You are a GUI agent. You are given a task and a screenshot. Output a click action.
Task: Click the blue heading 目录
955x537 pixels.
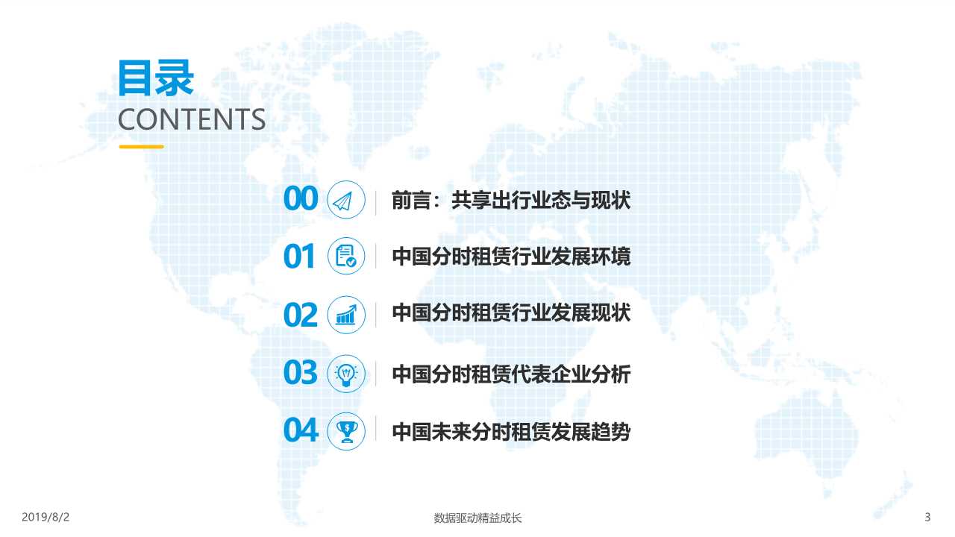[155, 78]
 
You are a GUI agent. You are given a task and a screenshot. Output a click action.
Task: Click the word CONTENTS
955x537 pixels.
[191, 120]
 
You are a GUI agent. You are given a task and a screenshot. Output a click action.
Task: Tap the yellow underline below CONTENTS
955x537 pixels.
[141, 147]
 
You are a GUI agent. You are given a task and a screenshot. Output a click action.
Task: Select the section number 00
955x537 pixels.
[301, 200]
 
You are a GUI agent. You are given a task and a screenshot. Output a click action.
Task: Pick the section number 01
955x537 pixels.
[300, 257]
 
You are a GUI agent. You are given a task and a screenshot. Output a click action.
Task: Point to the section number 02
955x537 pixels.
[301, 315]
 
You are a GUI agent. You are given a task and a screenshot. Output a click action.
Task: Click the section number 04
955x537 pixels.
[301, 430]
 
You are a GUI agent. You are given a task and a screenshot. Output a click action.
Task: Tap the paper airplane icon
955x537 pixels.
[346, 200]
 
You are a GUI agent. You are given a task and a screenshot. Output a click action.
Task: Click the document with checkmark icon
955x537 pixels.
[346, 257]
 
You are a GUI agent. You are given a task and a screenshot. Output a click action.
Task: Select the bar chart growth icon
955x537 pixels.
[346, 315]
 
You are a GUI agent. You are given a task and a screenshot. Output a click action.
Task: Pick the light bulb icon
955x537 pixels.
[346, 373]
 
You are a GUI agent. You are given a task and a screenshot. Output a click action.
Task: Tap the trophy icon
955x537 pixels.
[346, 430]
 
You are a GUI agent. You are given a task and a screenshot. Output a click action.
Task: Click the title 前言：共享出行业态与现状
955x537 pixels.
[511, 200]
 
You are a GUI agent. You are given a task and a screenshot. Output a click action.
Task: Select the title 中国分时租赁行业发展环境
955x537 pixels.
[511, 257]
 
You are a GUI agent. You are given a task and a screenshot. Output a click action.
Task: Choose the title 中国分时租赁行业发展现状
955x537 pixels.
[511, 313]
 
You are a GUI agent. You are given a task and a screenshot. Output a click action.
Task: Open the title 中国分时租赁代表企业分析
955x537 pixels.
[511, 373]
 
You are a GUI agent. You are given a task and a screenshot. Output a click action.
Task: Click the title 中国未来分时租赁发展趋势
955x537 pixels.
[511, 431]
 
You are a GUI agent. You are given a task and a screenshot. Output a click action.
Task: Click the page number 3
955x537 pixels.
[927, 517]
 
